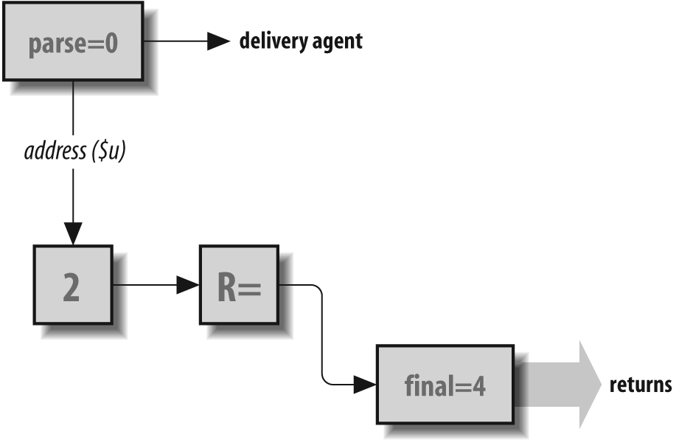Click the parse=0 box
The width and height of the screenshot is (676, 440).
tap(73, 41)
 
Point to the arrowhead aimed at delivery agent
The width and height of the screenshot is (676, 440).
tap(218, 41)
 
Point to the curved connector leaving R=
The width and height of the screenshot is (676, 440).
tap(322, 332)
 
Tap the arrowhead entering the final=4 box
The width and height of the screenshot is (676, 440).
tap(364, 384)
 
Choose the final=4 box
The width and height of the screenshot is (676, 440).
tap(445, 385)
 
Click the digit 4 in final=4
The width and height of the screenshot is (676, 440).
tap(479, 385)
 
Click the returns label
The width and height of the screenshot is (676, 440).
tap(640, 385)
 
